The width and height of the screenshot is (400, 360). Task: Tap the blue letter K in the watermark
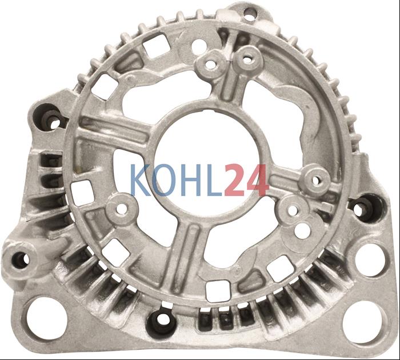(x=141, y=179)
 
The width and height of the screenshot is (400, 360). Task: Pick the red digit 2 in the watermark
(x=235, y=180)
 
